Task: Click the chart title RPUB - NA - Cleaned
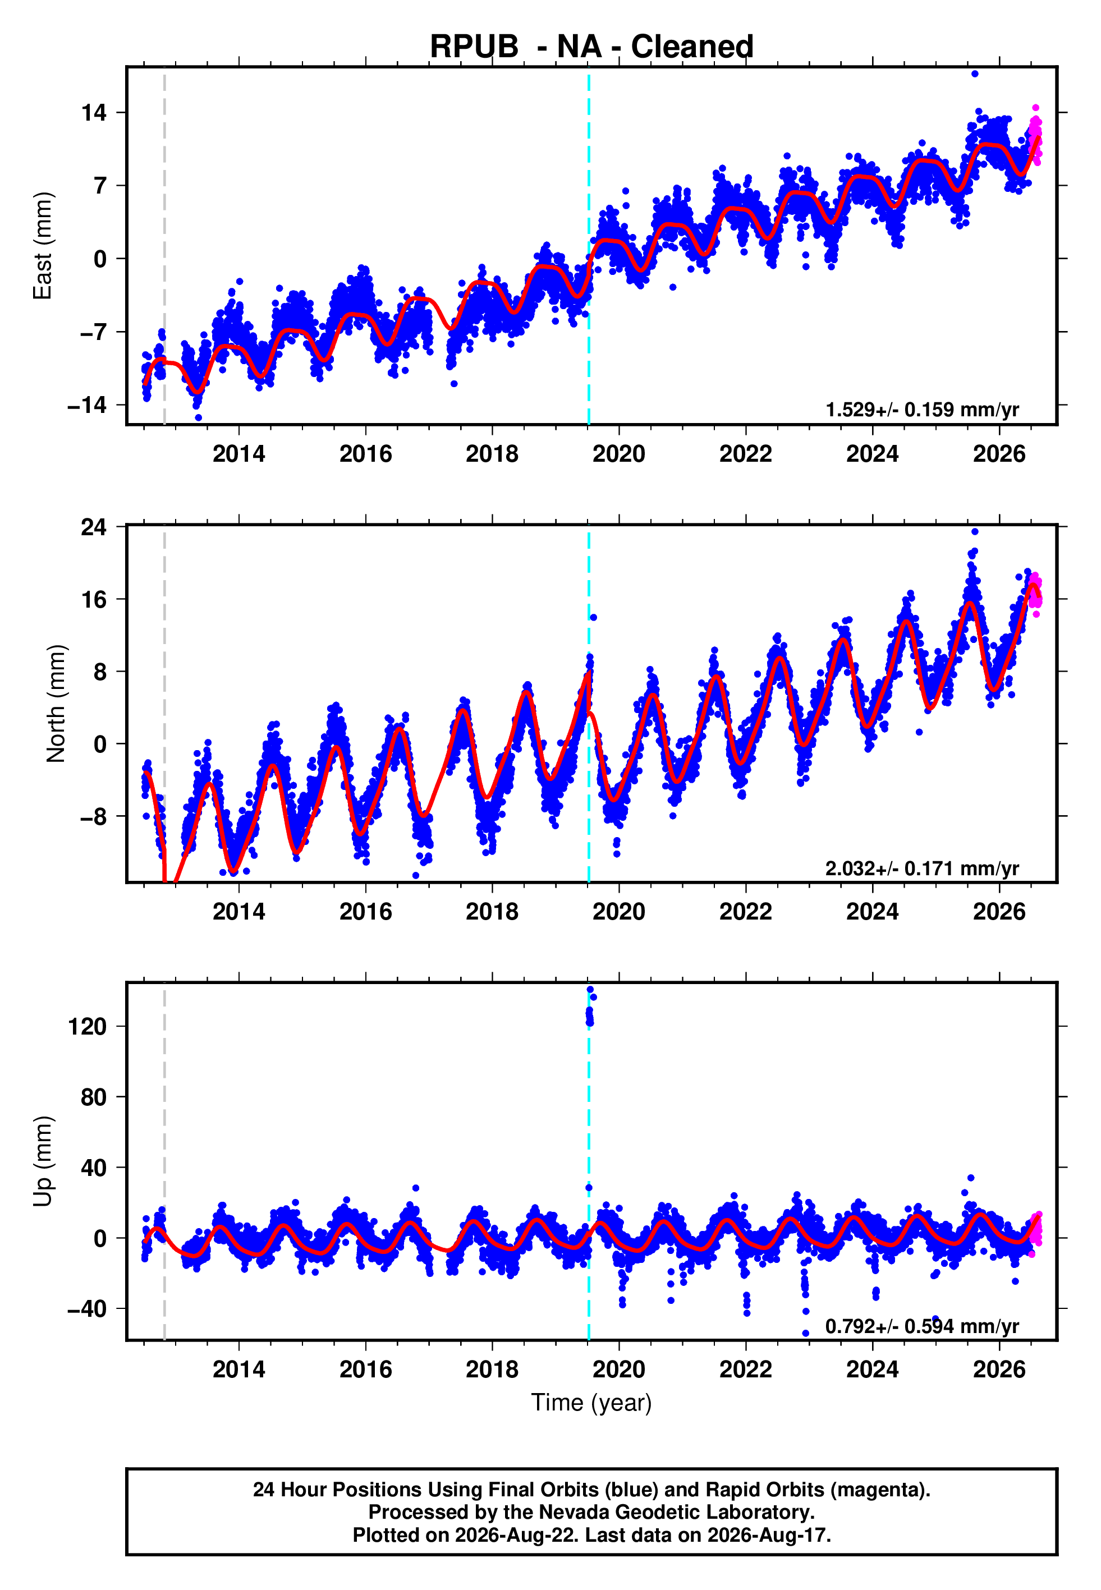point(591,46)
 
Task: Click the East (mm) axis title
point(43,246)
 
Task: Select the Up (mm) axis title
point(43,1161)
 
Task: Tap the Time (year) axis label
point(591,1403)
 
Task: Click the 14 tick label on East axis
point(94,112)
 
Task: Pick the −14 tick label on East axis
point(87,405)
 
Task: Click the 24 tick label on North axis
point(94,527)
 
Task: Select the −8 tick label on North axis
point(94,816)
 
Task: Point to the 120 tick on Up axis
point(88,1027)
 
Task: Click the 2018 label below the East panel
point(492,454)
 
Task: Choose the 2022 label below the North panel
point(746,912)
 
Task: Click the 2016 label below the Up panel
point(366,1370)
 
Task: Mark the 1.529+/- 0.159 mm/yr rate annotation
point(923,410)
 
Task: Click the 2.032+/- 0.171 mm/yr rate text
point(923,868)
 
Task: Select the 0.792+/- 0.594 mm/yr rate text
point(923,1326)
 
